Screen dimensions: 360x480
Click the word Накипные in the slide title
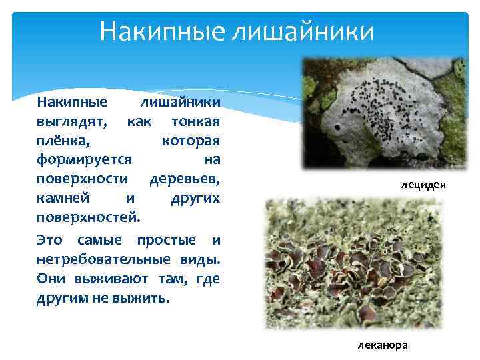click(x=162, y=31)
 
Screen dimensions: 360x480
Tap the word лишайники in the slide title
click(x=303, y=31)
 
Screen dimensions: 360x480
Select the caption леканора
click(x=382, y=345)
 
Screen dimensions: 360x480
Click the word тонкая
click(x=195, y=123)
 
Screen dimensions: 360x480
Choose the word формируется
click(x=85, y=161)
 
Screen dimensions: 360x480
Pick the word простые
click(x=166, y=239)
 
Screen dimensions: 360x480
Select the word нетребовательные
click(x=105, y=259)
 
